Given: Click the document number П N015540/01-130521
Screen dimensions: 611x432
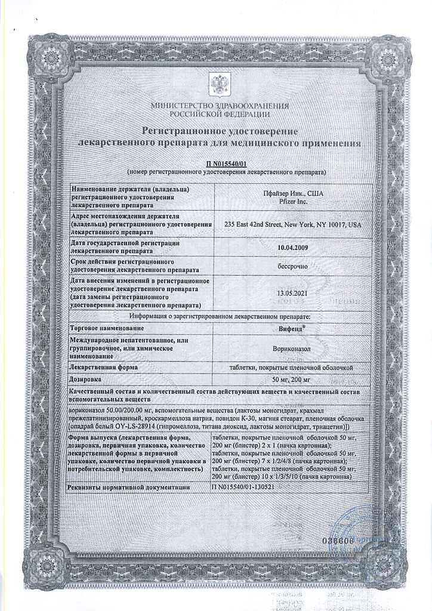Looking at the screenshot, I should (x=243, y=487).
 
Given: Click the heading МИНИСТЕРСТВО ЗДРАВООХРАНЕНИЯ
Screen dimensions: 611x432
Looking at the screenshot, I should (x=220, y=106).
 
